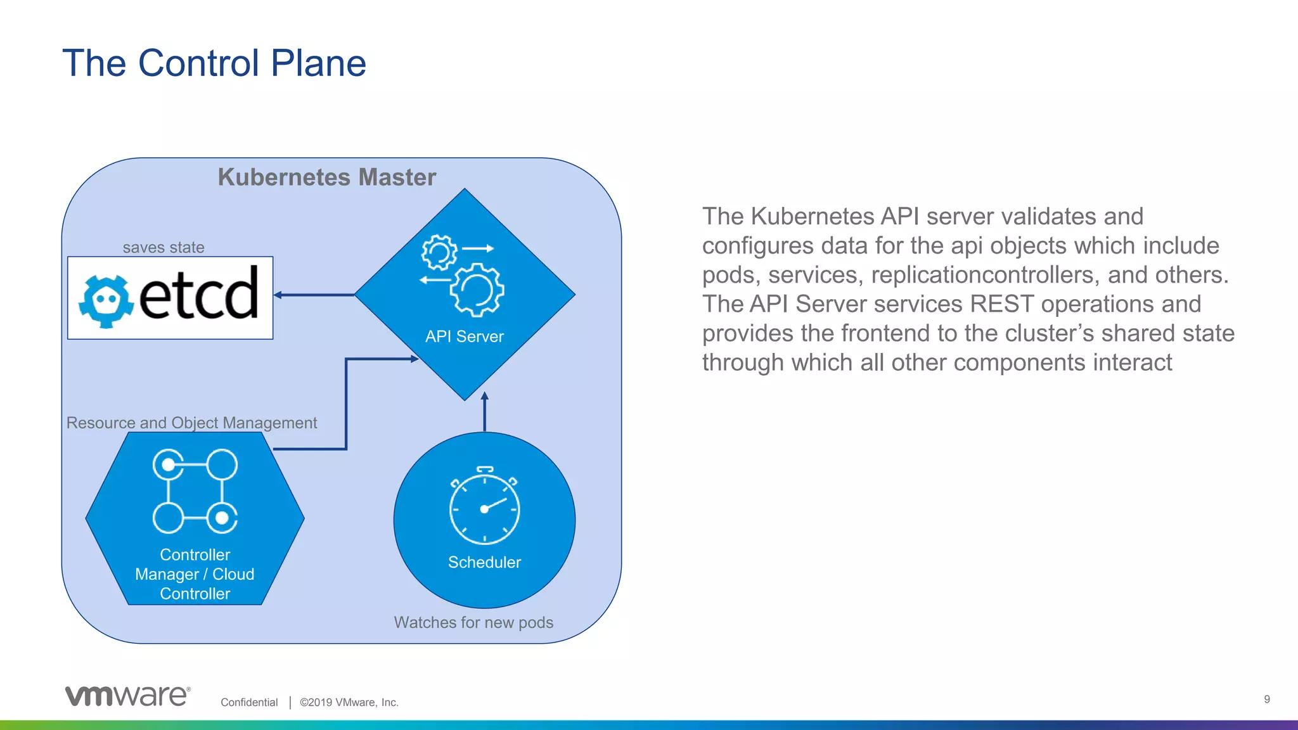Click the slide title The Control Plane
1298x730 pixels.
coord(214,63)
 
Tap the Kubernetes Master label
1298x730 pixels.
coord(326,177)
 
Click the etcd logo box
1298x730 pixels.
coord(170,298)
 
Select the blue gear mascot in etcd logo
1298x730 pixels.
coord(106,300)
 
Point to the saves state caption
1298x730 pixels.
coord(164,247)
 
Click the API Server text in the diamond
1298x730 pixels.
coord(464,336)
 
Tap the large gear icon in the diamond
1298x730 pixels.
coord(477,290)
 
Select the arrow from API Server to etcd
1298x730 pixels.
coord(314,295)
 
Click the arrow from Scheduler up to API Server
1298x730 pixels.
coord(485,412)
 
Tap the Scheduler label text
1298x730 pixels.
coord(484,562)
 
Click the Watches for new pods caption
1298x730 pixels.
coord(473,622)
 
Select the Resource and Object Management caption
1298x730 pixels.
coord(191,423)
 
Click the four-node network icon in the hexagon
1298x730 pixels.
coord(195,491)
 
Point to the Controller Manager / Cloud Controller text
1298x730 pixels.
coord(195,574)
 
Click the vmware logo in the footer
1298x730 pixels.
coord(127,696)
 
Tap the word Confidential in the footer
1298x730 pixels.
coord(249,702)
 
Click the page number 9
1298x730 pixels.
coord(1267,699)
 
